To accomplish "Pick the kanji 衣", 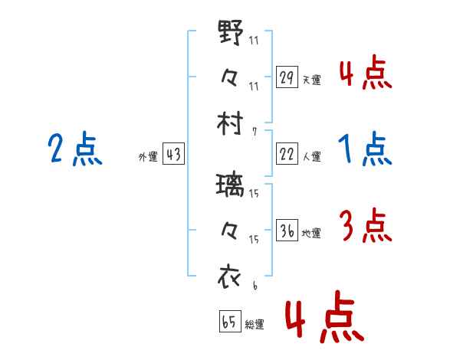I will [231, 273].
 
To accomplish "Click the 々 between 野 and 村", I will [231, 77].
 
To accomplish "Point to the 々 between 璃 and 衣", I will [231, 229].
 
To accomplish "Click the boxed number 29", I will [287, 77].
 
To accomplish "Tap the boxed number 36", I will [287, 231].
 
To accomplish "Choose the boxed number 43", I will [173, 154].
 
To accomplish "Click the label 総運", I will [255, 325].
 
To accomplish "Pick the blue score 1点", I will [365, 149].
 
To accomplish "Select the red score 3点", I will [365, 226].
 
